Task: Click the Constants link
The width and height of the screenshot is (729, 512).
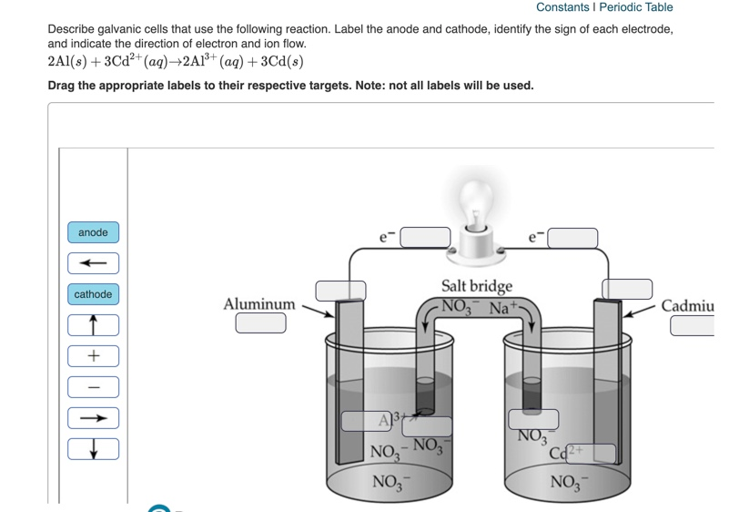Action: click(562, 7)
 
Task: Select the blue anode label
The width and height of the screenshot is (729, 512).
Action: click(93, 232)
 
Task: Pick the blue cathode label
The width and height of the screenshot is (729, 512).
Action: click(93, 294)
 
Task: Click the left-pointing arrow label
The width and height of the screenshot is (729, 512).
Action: click(93, 263)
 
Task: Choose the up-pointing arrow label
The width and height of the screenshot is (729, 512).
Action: click(93, 325)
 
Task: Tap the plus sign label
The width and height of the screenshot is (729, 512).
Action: click(93, 356)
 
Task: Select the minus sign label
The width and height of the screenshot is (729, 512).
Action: click(93, 387)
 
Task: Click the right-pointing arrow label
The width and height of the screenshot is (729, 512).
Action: click(93, 418)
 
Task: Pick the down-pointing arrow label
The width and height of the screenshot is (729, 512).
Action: click(93, 449)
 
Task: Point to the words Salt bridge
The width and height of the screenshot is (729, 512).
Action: click(477, 286)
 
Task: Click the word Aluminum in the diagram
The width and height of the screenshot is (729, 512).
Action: click(259, 304)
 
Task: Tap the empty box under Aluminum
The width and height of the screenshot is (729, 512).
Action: click(260, 323)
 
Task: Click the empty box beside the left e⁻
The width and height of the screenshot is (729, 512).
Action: click(425, 238)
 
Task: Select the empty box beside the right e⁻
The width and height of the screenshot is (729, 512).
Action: click(572, 239)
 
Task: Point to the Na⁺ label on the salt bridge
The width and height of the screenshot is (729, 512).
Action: click(503, 308)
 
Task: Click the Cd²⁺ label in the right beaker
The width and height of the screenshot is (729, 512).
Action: click(568, 451)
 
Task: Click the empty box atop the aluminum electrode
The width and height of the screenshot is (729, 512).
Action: click(340, 291)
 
